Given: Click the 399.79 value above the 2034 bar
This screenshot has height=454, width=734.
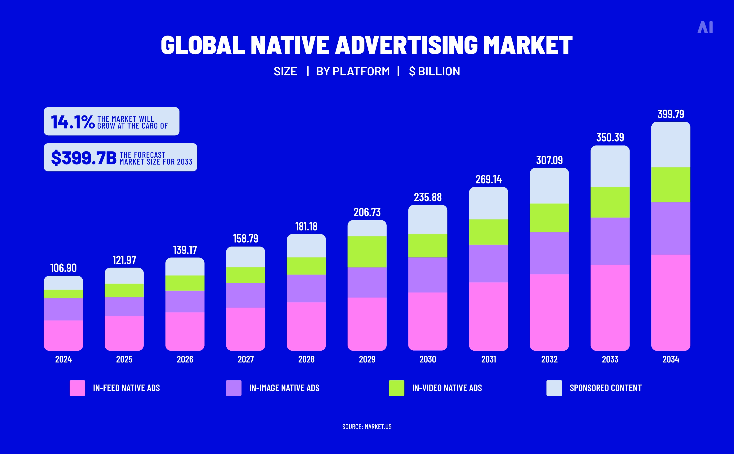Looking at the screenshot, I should click(671, 114).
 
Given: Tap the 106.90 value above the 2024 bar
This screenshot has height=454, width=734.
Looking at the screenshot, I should click(63, 268).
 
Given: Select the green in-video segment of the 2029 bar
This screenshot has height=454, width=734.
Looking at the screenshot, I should click(367, 252).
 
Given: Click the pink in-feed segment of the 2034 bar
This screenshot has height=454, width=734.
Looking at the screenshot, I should click(671, 302).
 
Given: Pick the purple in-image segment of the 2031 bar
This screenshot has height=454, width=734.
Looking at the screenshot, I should click(488, 263).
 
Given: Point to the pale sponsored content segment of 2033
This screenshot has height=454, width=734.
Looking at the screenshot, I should click(610, 167).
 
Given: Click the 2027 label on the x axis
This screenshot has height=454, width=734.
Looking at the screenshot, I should click(246, 359).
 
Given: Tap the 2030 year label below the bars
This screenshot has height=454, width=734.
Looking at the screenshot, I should click(428, 359).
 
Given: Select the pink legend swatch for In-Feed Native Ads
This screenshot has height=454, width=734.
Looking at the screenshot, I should click(77, 388).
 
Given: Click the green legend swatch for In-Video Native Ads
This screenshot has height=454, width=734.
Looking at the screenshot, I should click(396, 388).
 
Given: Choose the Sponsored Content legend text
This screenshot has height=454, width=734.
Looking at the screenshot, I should click(605, 388).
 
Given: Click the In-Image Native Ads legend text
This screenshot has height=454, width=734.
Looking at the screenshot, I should click(284, 388).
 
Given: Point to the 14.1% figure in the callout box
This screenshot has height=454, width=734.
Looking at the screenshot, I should click(73, 122).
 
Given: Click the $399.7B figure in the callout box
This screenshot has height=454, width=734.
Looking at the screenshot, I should click(84, 158).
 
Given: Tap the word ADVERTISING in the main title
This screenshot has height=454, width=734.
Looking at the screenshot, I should click(406, 45).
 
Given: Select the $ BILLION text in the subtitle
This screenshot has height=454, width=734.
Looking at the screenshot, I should click(434, 71).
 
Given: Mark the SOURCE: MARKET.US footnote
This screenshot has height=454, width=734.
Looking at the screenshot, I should click(367, 427).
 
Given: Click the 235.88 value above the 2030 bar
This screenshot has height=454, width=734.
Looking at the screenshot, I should click(428, 197).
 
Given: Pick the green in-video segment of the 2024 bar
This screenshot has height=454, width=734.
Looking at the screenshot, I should click(63, 294).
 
